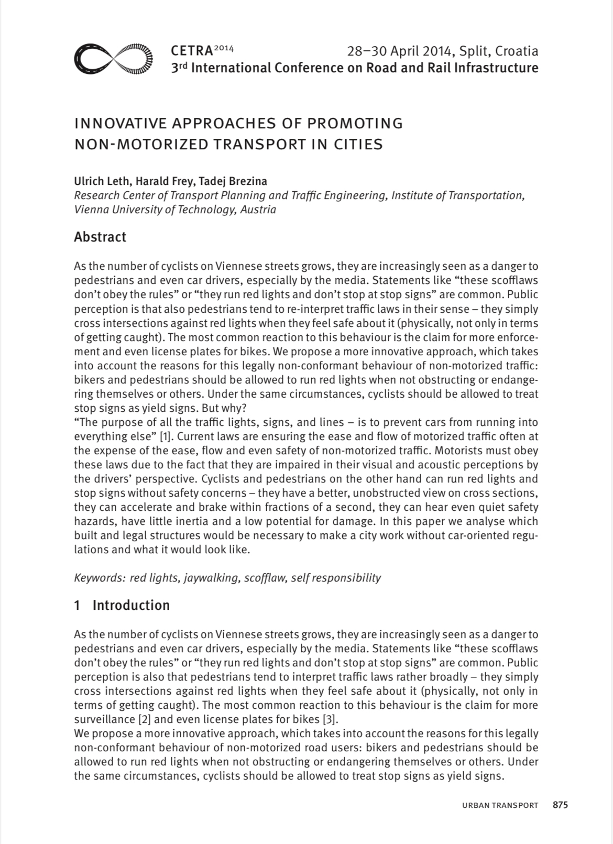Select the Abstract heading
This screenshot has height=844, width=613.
tap(100, 237)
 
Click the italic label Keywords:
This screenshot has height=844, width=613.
tap(100, 578)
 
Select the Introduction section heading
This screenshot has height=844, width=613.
tap(131, 605)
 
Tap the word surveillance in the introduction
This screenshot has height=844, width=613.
tap(102, 719)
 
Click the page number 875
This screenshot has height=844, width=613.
tap(560, 805)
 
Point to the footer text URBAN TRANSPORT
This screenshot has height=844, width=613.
tap(500, 805)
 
